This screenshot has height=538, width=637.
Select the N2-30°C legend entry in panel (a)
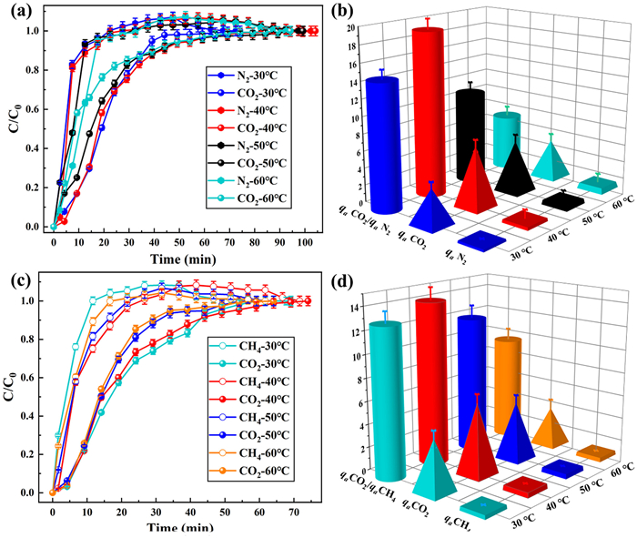point(248,71)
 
